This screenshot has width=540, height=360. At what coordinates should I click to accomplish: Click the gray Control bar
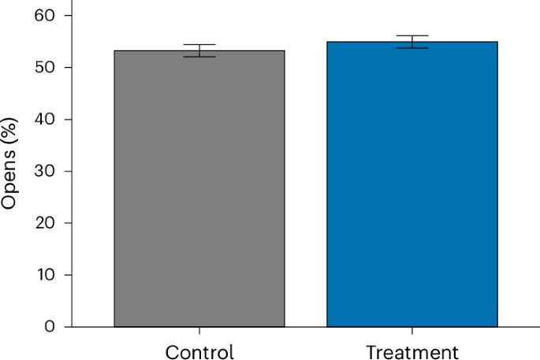click(199, 189)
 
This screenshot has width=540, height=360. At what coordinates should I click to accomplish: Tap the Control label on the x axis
click(199, 351)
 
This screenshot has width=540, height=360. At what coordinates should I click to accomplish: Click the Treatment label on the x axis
click(412, 351)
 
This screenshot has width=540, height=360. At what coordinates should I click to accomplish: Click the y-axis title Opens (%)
click(9, 171)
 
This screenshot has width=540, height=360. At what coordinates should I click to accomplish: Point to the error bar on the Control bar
click(199, 50)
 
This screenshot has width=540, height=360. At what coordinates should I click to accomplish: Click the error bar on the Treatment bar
click(412, 42)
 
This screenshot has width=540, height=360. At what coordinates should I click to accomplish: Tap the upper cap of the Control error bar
click(199, 45)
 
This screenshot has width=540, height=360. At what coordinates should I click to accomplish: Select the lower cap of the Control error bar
click(199, 57)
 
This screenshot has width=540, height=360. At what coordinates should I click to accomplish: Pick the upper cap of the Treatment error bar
click(412, 35)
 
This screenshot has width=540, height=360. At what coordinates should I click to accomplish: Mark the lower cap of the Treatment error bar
click(412, 48)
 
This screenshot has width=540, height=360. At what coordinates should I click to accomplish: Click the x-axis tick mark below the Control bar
click(199, 331)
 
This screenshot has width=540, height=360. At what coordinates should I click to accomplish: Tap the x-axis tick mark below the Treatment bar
click(412, 331)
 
